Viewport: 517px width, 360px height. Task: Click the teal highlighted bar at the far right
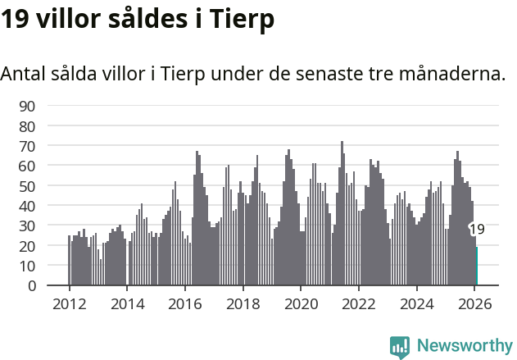tap(477, 267)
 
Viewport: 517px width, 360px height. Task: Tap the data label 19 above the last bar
tap(477, 230)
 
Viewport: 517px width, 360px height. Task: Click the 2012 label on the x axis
tap(69, 303)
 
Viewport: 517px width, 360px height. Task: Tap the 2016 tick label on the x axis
tap(184, 303)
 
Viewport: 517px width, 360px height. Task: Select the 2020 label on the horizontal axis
tap(301, 303)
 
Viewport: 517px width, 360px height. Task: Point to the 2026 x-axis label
tap(474, 303)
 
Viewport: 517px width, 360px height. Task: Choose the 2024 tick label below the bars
tap(416, 303)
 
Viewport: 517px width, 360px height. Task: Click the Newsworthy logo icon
tap(400, 347)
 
